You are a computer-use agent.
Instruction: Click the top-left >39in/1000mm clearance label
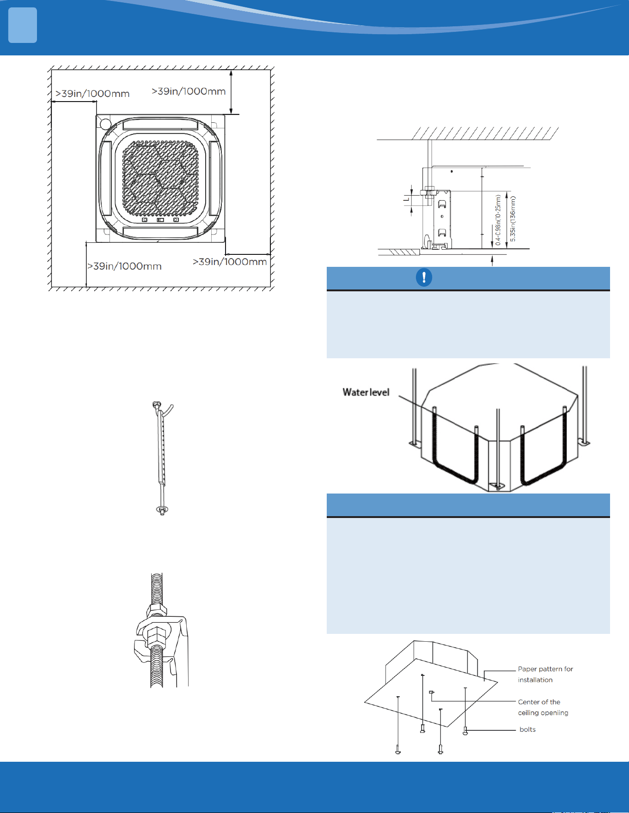pos(92,94)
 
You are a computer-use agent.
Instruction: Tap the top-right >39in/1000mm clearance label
pos(189,91)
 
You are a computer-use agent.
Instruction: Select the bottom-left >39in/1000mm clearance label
pos(124,266)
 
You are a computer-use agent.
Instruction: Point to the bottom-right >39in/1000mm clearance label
pos(230,262)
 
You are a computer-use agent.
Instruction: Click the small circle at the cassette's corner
pos(105,124)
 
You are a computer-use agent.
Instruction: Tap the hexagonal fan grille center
pos(160,178)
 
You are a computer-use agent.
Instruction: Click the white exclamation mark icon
pos(424,277)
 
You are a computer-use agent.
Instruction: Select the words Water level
pos(366,392)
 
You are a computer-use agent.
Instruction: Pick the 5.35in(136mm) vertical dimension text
pos(513,219)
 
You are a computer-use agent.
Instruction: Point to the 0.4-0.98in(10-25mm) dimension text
pos(498,220)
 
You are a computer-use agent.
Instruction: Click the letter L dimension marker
pos(406,199)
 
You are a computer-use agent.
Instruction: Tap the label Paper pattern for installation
pos(545,674)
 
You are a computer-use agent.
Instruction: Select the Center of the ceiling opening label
pos(543,707)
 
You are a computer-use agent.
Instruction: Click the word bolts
pos(527,729)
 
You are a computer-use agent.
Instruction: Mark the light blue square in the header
pos(23,26)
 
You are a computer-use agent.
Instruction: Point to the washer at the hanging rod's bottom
pos(162,509)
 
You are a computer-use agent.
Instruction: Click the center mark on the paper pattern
pos(432,692)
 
